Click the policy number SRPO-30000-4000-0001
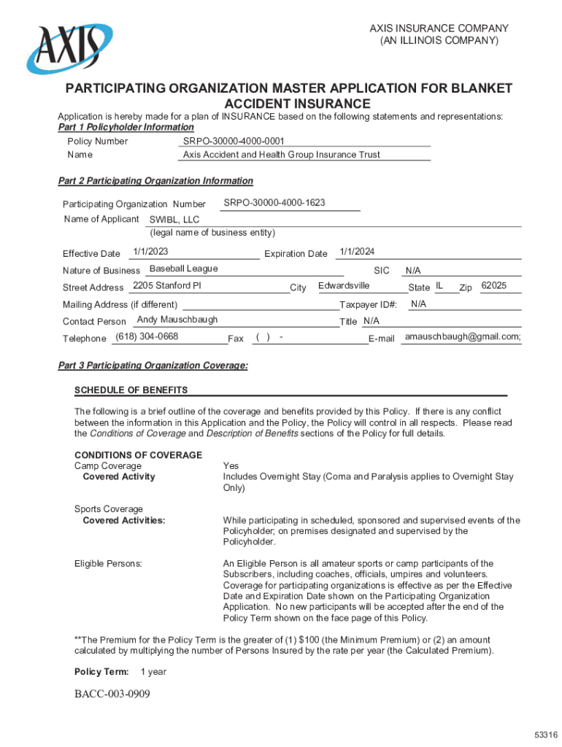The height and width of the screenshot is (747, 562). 234,141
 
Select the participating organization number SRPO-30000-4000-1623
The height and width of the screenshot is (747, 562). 274,202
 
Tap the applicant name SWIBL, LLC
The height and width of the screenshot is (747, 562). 174,220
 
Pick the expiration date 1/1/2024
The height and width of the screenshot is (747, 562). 357,252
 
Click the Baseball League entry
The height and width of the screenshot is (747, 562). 183,268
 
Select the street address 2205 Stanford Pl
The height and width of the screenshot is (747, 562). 166,285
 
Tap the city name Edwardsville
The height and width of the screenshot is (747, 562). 344,285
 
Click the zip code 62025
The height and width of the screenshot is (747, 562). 494,285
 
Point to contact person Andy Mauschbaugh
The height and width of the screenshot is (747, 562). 177,320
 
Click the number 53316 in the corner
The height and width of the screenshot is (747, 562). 545,734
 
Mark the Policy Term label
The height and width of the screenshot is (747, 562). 101,671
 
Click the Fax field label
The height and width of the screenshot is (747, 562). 236,338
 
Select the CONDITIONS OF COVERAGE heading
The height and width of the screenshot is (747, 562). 138,455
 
